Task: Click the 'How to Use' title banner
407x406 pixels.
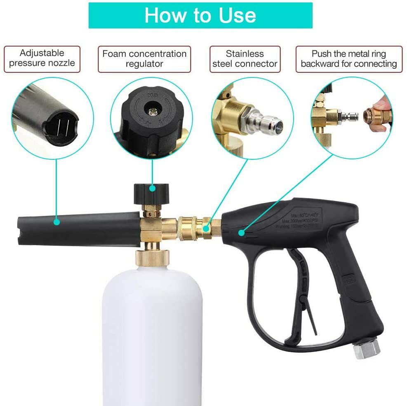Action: (x=200, y=15)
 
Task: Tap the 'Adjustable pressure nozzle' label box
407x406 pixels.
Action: (x=42, y=58)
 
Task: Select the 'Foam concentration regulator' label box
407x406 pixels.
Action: (x=144, y=59)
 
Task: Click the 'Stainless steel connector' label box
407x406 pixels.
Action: (x=245, y=59)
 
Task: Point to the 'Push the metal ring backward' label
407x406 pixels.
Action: (x=348, y=59)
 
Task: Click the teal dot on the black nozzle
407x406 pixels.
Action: (x=56, y=222)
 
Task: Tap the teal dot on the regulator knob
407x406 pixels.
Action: (x=153, y=188)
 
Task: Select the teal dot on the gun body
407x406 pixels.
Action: (x=241, y=233)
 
